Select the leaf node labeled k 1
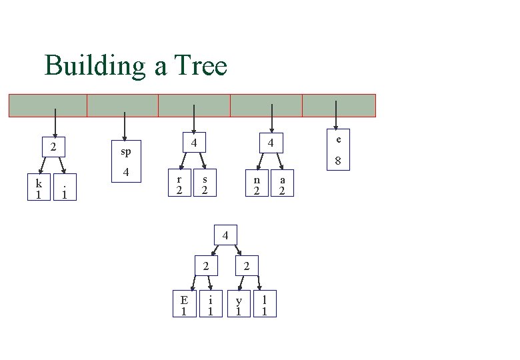click(x=39, y=189)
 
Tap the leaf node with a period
click(x=64, y=189)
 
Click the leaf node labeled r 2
click(x=179, y=184)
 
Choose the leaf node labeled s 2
click(x=205, y=184)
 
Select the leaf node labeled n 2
click(x=256, y=184)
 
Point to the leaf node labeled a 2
click(x=283, y=184)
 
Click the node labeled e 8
click(x=338, y=149)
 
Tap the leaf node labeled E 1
click(x=184, y=304)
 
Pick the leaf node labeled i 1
click(x=210, y=304)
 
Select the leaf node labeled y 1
click(x=238, y=304)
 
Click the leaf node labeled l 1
click(x=265, y=304)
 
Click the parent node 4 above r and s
click(x=193, y=143)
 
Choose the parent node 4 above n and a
click(x=271, y=143)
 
